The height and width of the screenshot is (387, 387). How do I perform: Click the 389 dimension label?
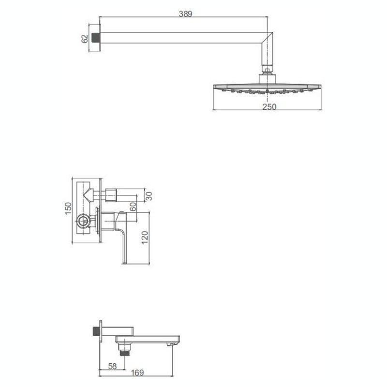(185, 14)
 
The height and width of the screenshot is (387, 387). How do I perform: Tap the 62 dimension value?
(85, 39)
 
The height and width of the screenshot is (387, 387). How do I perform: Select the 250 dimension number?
(269, 107)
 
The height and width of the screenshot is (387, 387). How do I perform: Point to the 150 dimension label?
(68, 208)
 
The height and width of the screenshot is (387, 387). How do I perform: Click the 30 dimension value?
(149, 196)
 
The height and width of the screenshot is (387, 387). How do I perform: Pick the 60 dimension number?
(133, 207)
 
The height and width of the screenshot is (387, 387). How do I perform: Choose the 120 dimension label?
(145, 238)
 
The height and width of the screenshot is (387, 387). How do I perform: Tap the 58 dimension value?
(112, 366)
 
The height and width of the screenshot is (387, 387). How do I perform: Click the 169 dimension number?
(137, 372)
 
